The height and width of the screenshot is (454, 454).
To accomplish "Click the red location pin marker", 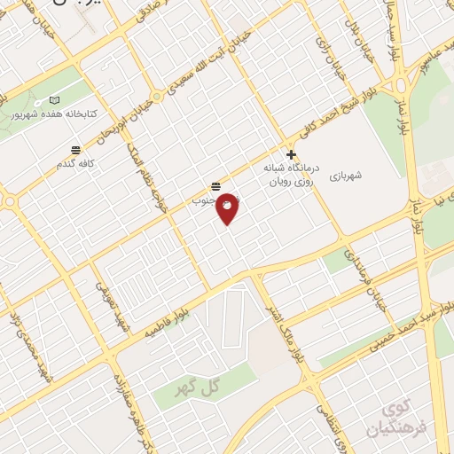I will click(x=227, y=207).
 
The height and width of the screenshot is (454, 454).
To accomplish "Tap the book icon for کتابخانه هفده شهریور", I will click(x=56, y=102).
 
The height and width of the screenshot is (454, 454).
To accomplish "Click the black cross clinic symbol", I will click(x=291, y=153).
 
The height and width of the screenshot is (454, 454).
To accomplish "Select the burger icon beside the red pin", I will click(x=215, y=186).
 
